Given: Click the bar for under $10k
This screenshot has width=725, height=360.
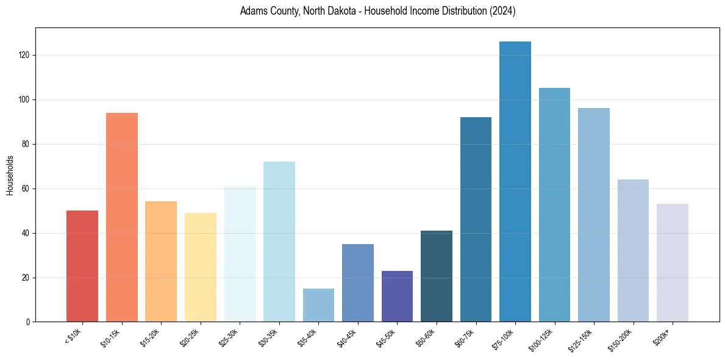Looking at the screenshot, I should coord(82,266).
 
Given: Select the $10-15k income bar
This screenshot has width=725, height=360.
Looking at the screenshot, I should coord(122,217).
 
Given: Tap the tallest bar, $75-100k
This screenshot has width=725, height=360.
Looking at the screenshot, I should coord(515,182).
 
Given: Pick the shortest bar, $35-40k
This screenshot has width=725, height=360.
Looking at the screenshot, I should coord(318,305).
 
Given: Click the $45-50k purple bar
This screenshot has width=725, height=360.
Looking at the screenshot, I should coord(397,297).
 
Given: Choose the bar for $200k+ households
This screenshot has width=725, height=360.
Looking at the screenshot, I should coord(673,263).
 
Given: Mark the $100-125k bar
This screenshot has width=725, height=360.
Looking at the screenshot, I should coord(554,205).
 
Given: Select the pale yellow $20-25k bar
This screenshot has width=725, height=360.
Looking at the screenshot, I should coord(201,267).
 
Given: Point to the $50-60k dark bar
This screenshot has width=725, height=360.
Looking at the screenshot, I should coord(437,276).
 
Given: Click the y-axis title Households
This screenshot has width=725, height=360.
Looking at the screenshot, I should coord(10,175).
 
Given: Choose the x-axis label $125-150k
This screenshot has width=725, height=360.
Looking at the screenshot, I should coord(584,340).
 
